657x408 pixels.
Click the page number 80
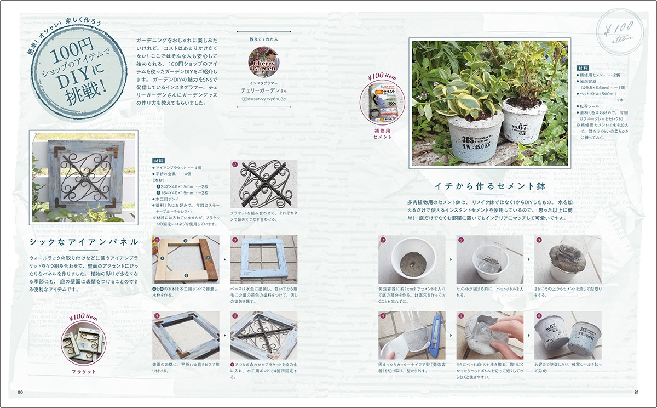tap(20, 392)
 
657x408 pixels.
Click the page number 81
tap(637, 392)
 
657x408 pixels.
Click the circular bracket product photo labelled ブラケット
tap(84, 344)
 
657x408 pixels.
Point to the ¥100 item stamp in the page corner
tap(615, 31)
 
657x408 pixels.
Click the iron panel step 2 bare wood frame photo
tap(186, 259)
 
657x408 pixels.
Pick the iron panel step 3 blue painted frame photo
tap(264, 259)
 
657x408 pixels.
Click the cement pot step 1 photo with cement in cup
tap(412, 259)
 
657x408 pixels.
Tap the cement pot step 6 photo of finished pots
tap(568, 334)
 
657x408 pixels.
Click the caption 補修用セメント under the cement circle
tap(382, 135)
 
